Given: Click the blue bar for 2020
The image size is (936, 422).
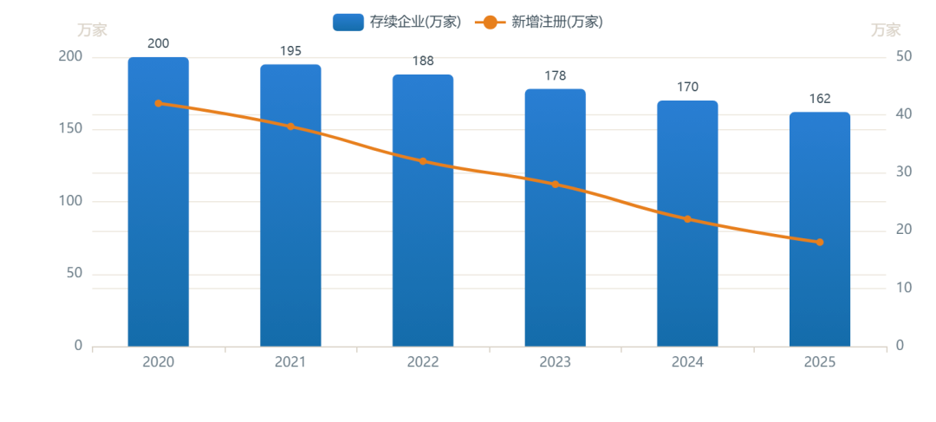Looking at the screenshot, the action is click(159, 202).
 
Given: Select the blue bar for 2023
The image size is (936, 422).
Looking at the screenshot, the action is click(556, 217).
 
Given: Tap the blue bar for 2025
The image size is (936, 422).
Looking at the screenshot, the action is click(820, 230).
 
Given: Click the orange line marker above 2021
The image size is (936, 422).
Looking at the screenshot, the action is click(290, 127).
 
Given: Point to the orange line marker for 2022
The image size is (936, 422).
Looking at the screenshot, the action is click(423, 161).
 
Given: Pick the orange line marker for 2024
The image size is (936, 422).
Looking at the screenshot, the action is click(687, 219).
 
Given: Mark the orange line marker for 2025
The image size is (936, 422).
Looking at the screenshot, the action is click(820, 243).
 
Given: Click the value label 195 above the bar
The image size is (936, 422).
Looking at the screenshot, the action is click(290, 51).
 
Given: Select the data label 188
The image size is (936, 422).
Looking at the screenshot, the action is click(423, 61).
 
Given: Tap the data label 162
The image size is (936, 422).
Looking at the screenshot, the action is click(820, 99).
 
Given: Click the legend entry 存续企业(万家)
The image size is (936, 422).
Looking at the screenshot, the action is click(396, 22).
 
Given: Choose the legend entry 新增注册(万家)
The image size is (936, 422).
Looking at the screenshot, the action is click(538, 22).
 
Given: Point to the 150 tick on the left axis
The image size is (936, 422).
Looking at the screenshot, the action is click(70, 129).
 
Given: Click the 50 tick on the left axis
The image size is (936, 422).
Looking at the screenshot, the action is click(74, 274).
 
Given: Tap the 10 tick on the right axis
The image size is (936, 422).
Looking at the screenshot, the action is click(904, 288).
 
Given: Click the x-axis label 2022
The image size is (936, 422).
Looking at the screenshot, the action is click(423, 362).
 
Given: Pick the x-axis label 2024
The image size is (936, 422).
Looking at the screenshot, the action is click(687, 362).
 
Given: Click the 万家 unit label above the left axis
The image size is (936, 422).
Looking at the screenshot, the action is click(93, 29).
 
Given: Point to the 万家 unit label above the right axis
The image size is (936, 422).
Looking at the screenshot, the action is click(886, 29).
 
